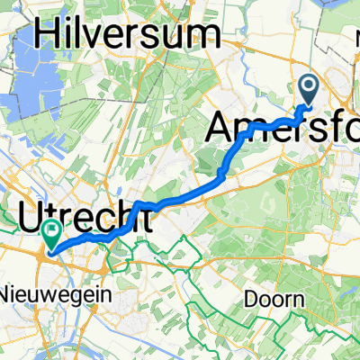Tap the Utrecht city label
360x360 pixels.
(78, 216)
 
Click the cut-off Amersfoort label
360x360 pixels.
(283, 129)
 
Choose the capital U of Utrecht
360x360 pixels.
(32, 216)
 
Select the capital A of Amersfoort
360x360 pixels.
(222, 129)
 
